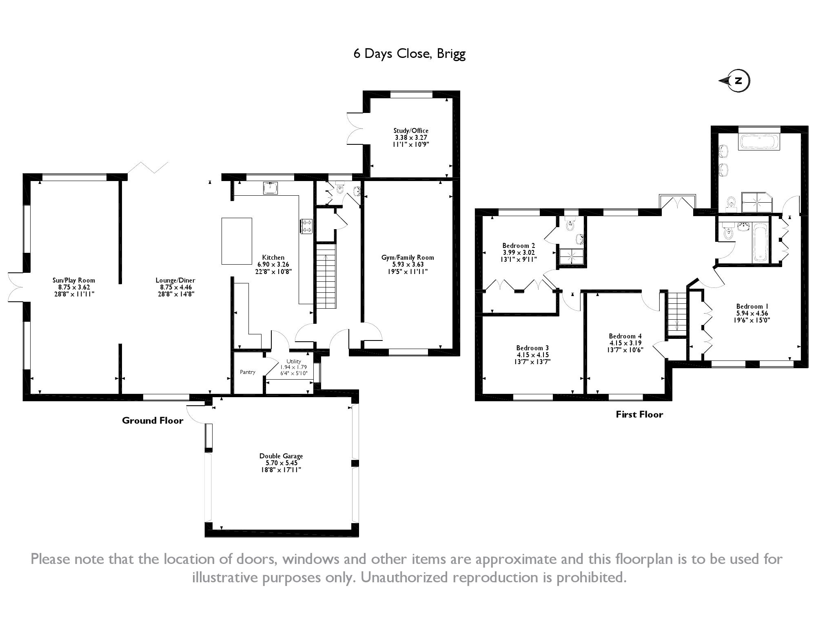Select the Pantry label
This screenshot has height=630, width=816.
click(248, 372)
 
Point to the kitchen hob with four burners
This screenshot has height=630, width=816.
click(306, 226)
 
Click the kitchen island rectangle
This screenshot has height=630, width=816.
click(237, 241)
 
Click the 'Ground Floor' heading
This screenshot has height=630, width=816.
click(153, 421)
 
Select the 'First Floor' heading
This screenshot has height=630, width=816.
click(639, 415)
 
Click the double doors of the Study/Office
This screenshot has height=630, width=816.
click(355, 128)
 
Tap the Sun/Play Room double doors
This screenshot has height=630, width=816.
click(16, 287)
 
